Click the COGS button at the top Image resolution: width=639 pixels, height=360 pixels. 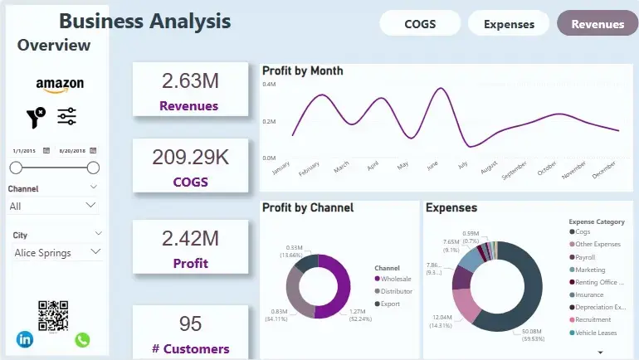[x=420, y=24]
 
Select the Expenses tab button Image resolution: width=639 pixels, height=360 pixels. [x=509, y=24]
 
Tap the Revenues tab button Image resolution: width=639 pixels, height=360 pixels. [x=598, y=24]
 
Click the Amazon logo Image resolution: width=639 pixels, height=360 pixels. [x=60, y=85]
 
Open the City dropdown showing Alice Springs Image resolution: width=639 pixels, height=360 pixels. [x=57, y=252]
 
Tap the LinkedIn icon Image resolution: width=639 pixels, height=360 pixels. [x=25, y=339]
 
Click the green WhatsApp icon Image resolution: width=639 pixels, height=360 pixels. [x=82, y=340]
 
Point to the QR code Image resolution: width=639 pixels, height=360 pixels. [x=53, y=315]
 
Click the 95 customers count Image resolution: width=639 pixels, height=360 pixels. [x=190, y=324]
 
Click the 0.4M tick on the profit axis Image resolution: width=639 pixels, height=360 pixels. [x=269, y=85]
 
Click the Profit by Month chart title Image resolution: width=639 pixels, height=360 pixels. [x=302, y=71]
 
